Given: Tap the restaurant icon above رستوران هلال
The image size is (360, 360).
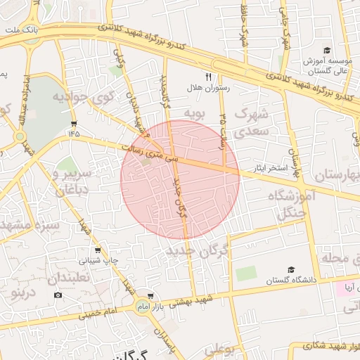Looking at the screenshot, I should coord(208,77).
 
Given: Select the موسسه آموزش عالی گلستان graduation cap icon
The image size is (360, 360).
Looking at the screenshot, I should coord(326,50).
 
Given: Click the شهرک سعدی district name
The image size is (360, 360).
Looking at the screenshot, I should coord(252,122).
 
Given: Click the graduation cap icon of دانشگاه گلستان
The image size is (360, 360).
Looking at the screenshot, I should coord(290,269).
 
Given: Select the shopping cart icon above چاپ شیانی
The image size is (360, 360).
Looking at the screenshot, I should coord(97,250).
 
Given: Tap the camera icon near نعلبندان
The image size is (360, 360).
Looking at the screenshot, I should coord(58,294).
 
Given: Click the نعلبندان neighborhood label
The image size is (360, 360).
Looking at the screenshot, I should coord(69,278).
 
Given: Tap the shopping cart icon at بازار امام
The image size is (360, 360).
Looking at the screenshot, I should coord(150,297).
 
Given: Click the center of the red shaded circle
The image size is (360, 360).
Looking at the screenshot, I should coord(180,179).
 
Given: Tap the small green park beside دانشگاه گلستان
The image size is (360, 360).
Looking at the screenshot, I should coord(246,274).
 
